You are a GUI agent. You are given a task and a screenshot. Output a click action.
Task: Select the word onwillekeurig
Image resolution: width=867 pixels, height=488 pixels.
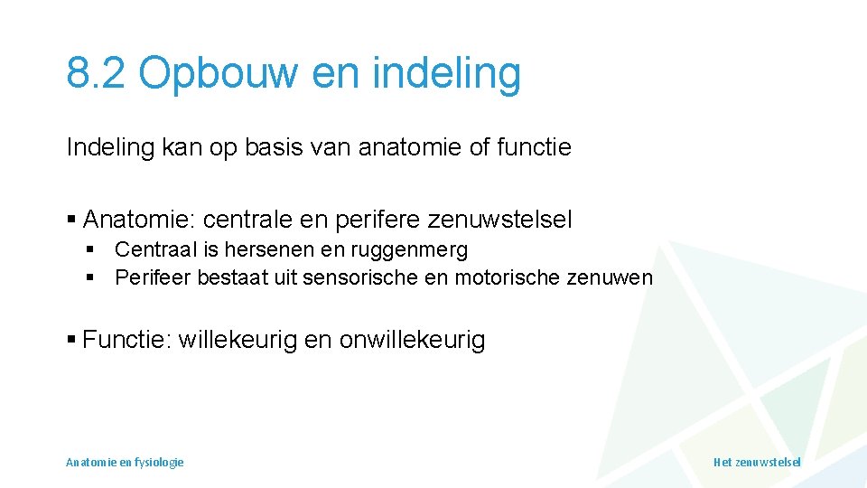click(x=412, y=340)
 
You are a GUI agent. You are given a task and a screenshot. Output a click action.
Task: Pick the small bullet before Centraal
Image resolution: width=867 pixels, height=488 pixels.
click(x=90, y=250)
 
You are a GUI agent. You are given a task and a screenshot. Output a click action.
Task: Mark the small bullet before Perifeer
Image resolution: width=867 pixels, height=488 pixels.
click(x=90, y=278)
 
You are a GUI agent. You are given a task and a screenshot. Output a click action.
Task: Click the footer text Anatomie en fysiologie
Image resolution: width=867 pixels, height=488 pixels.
click(x=125, y=462)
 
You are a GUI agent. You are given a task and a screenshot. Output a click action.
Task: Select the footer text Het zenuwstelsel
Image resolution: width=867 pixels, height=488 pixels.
click(x=757, y=462)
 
